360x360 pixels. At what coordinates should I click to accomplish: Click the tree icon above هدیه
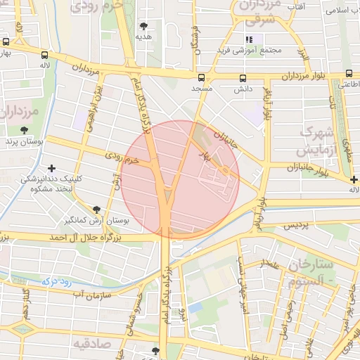(x=144, y=25)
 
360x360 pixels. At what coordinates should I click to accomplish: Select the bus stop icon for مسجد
(x=202, y=77)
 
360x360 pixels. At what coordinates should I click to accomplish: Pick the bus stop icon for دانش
(x=243, y=78)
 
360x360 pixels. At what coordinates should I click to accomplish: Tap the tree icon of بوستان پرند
(x=25, y=130)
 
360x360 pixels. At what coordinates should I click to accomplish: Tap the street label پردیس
(x=296, y=225)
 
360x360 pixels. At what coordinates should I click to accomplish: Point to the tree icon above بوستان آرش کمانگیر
(x=97, y=209)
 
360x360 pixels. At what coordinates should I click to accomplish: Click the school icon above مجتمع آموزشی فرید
(x=249, y=39)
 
